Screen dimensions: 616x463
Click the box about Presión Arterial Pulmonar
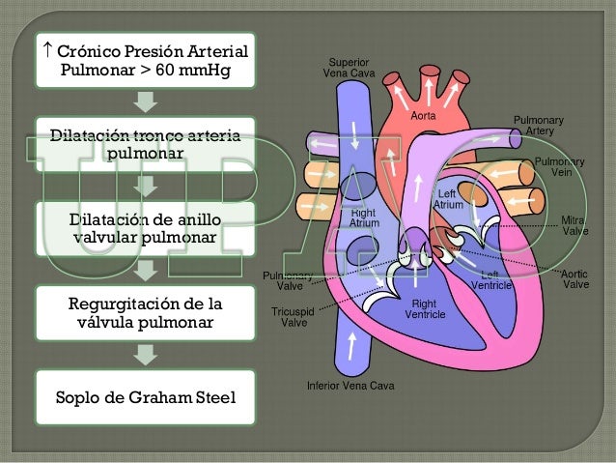pos(144,60)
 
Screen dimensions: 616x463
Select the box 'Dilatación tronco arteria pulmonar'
pos(144,146)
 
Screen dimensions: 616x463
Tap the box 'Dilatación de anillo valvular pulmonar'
pos(144,228)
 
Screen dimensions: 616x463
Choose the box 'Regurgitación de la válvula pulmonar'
pos(144,314)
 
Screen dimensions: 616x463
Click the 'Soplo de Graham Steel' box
pos(144,397)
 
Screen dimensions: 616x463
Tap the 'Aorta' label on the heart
pos(424,115)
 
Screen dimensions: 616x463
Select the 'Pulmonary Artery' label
pos(538,125)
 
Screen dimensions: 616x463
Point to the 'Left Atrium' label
pos(447,199)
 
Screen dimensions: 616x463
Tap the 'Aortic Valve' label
pos(575,279)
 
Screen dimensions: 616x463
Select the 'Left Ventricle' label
pos(490,279)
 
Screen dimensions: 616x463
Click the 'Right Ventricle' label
pos(425,309)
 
